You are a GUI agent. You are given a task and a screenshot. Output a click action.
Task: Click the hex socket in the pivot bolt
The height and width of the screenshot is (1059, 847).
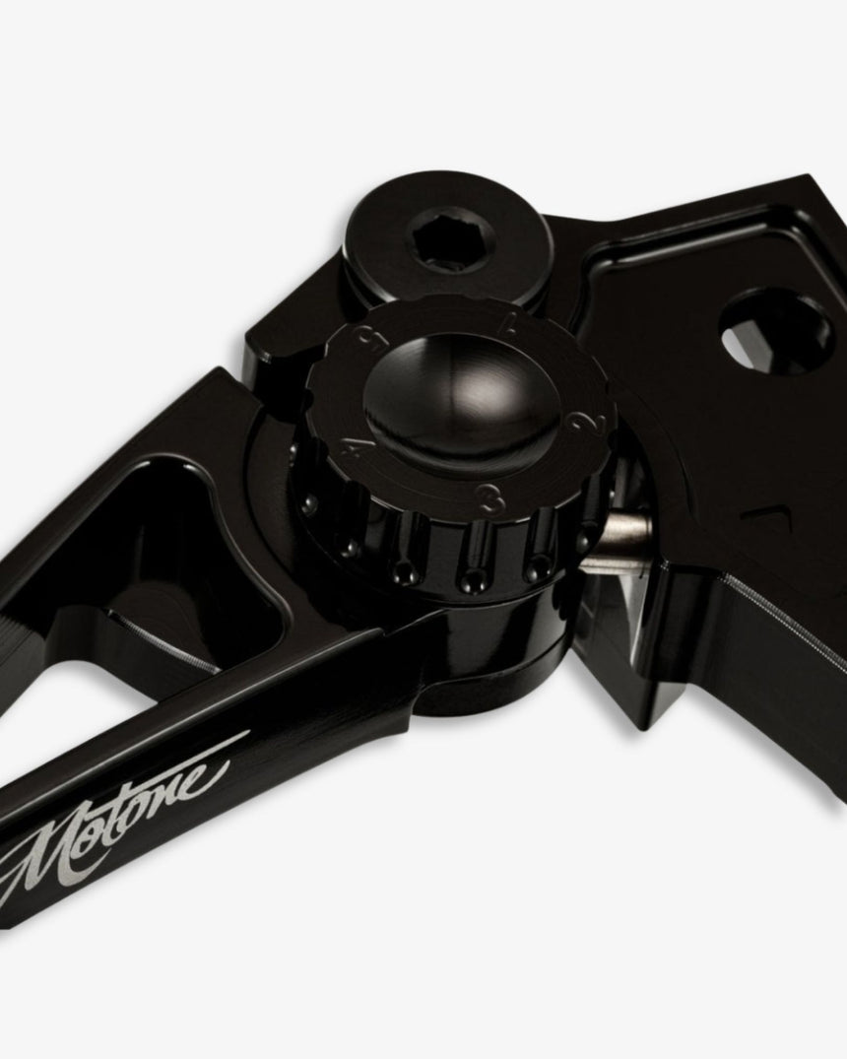tap(432, 242)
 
